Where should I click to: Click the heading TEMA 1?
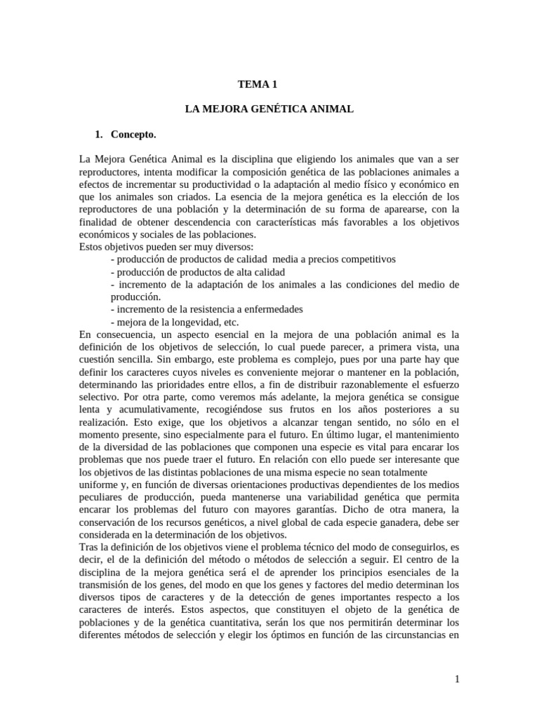(x=258, y=84)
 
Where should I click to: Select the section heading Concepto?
(x=133, y=134)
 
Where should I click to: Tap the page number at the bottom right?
(x=456, y=679)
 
